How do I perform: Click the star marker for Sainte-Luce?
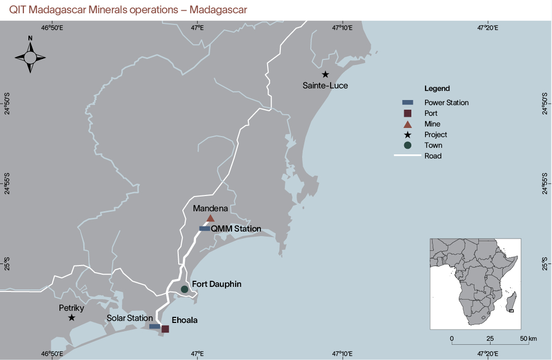(x=326, y=75)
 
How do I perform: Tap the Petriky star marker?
(x=72, y=317)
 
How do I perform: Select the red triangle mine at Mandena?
(x=210, y=218)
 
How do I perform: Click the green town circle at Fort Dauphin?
(x=185, y=289)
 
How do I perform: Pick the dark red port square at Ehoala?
(x=165, y=329)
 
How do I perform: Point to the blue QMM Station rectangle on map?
(x=205, y=228)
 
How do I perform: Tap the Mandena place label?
(x=210, y=208)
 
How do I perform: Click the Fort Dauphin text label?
(x=216, y=284)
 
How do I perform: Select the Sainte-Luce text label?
(x=326, y=86)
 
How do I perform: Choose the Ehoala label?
(x=184, y=320)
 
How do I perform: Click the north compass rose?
(x=30, y=57)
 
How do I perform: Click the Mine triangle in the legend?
(x=407, y=124)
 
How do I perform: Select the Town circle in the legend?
(x=407, y=145)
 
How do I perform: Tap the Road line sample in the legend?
(x=407, y=156)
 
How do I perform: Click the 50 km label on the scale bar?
(x=528, y=338)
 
